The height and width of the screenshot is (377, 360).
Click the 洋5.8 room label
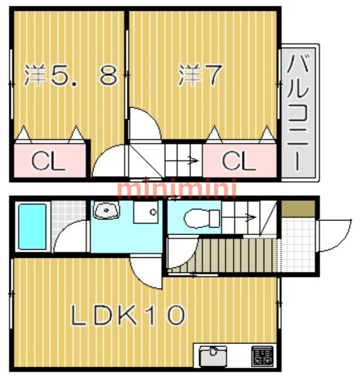pos(71,75)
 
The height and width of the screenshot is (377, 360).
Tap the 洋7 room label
pos(199,75)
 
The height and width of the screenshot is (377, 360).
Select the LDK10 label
pos(128,315)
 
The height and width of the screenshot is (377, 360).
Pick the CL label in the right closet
pos(239,161)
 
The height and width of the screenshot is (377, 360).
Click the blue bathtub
pos(32,227)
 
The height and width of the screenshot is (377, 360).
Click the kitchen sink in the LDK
pos(213,356)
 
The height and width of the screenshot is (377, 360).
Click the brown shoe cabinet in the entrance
pos(298,208)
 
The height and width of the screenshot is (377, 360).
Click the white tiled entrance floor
pos(298,245)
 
